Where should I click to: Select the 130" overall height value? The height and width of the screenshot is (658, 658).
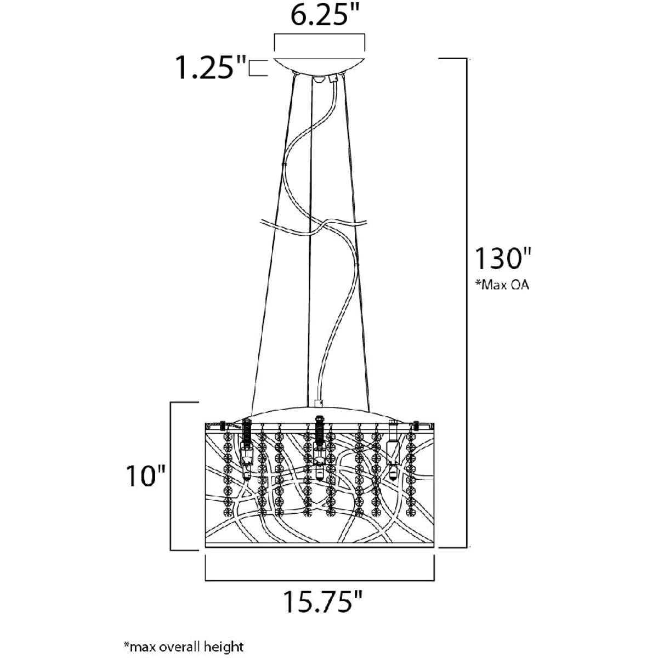point(503,258)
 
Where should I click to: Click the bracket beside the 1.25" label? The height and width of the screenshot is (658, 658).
point(258,67)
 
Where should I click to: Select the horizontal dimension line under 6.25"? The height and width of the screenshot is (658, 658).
point(320,42)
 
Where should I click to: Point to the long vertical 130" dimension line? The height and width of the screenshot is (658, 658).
point(467,303)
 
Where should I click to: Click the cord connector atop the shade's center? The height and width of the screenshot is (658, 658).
point(319,403)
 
